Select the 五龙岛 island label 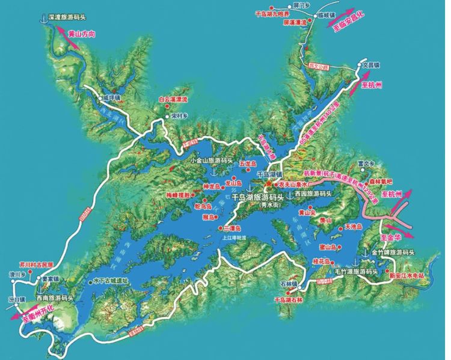[248, 163]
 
